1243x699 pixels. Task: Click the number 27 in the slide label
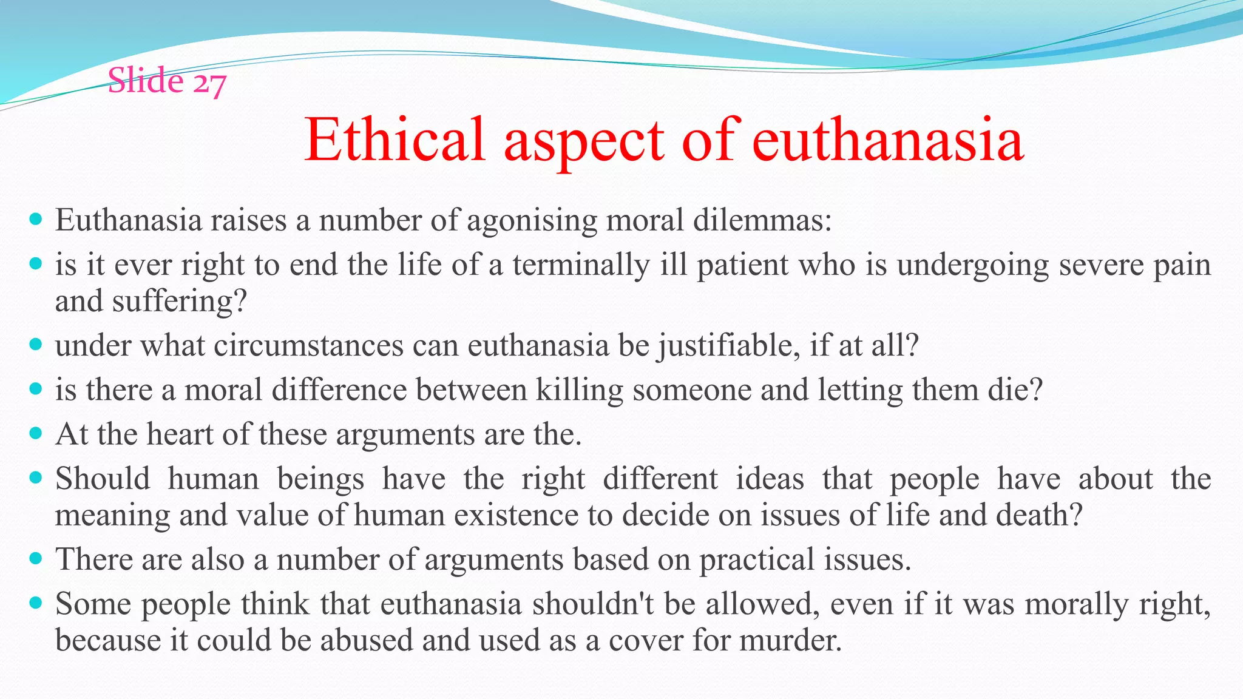pos(209,82)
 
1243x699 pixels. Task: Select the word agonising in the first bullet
pos(532,221)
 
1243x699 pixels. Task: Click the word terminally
pos(581,265)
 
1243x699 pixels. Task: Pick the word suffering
pos(180,302)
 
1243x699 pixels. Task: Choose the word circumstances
pos(308,346)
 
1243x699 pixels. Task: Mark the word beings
pos(320,479)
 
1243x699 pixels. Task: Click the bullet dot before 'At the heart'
pos(36,433)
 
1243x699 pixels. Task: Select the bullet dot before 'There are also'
pos(36,558)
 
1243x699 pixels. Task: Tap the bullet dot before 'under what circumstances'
pos(36,345)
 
